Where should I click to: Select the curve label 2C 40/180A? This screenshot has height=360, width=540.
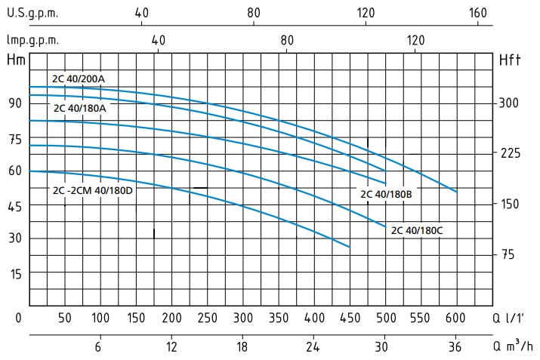point(79,108)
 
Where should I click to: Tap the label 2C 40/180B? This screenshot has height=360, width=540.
point(385,194)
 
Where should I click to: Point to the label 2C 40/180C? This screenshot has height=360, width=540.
point(416,231)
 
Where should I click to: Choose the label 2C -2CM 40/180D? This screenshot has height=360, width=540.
point(93,190)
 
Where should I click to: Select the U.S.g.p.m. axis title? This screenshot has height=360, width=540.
point(32,13)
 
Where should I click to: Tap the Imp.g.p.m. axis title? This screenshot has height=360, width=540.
point(32,40)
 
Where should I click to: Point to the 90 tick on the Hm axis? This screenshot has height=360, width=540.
point(14,103)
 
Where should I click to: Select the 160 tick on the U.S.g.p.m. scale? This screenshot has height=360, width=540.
point(477,13)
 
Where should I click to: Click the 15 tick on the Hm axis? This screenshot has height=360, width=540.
point(14,272)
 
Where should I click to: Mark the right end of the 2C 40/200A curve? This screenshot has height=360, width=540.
point(457,192)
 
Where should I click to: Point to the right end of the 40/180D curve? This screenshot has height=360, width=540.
point(350,247)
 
